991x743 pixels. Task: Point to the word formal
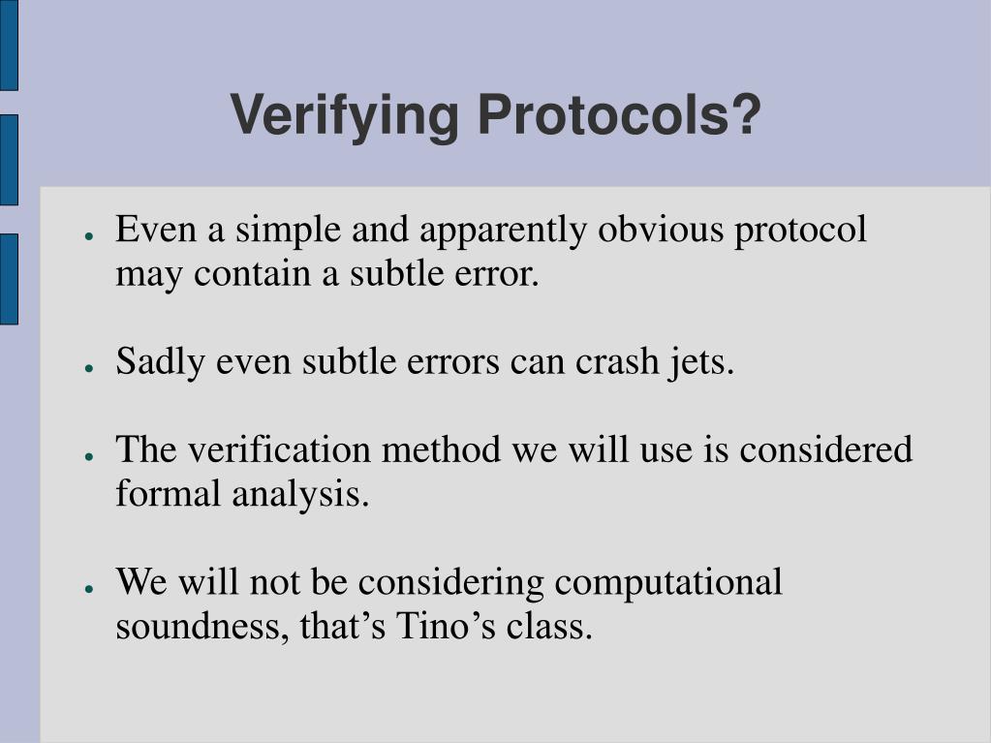[170, 494]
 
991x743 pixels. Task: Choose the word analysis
[300, 494]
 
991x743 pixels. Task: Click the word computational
[667, 582]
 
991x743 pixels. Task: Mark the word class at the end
[551, 627]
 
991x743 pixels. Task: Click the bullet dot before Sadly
[88, 367]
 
